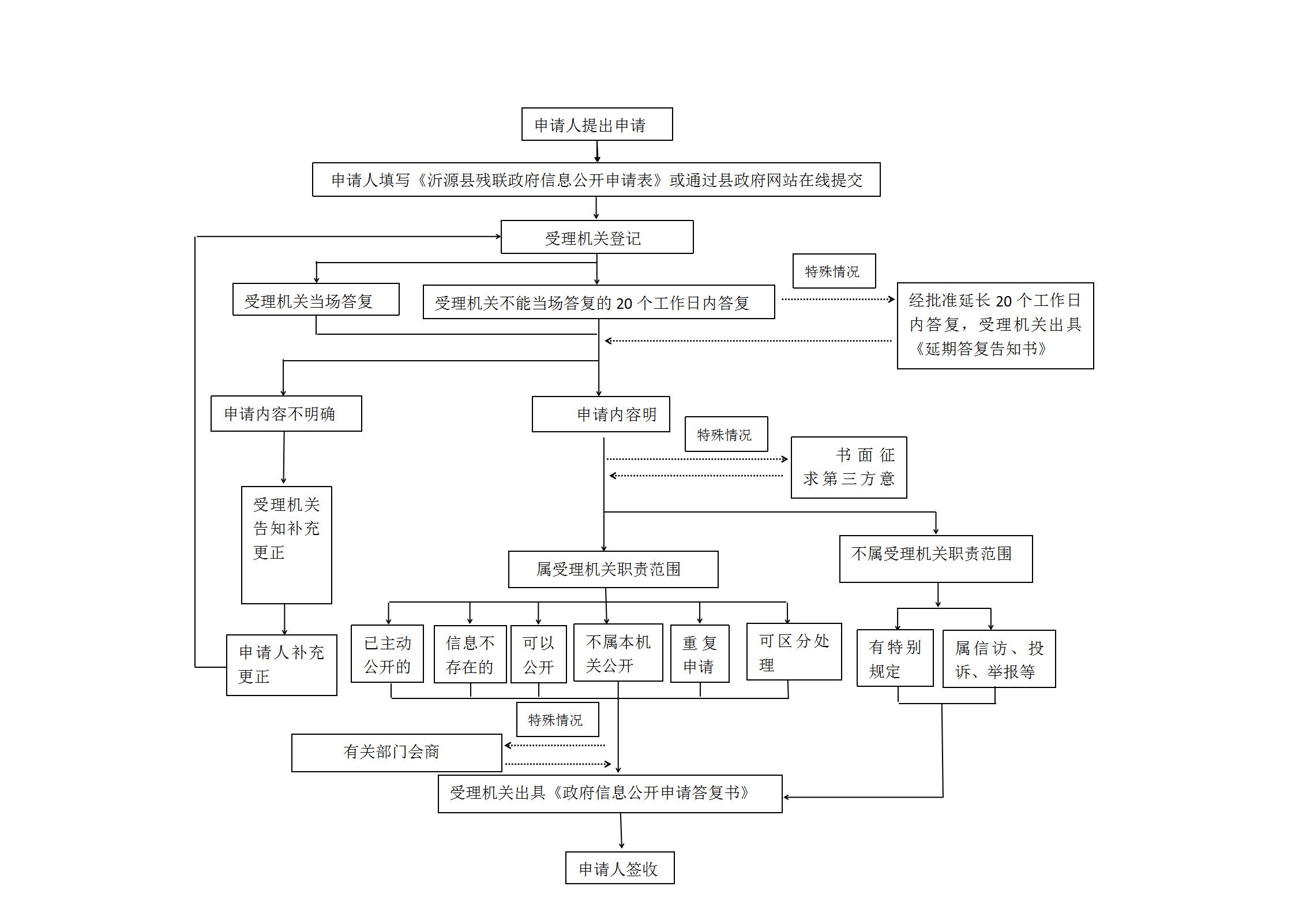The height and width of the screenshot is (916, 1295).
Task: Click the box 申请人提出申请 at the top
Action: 596,124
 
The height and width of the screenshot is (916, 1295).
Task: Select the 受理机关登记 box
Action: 596,237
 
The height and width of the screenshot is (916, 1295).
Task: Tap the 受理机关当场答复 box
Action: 316,300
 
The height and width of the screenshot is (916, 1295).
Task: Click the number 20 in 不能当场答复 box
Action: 624,303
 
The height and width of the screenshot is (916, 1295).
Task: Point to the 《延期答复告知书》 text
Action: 980,349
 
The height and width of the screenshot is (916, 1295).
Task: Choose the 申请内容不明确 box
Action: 286,413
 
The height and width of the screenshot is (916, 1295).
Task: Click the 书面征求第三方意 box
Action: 849,468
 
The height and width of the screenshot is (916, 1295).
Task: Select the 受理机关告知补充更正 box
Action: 286,544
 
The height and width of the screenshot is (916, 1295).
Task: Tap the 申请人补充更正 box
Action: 281,665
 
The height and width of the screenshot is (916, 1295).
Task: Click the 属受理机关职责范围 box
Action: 613,569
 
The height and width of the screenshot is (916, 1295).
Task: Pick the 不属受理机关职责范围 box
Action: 935,558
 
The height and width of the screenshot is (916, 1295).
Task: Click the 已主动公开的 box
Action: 387,654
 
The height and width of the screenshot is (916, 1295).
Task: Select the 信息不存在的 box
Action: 470,655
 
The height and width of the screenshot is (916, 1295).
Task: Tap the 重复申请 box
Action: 700,655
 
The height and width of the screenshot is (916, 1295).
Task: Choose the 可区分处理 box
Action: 794,652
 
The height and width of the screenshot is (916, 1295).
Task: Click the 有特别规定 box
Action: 895,658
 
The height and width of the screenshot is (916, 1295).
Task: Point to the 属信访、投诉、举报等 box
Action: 999,659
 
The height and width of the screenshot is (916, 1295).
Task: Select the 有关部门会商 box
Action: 396,752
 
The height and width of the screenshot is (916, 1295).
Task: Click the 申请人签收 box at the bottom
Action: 620,869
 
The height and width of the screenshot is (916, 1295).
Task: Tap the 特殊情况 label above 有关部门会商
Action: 557,720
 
